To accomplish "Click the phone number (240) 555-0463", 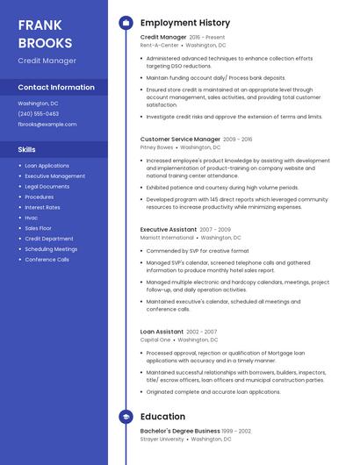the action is point(39,113).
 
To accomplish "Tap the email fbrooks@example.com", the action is point(47,124).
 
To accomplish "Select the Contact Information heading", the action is point(56,87).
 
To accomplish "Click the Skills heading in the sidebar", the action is point(27,149).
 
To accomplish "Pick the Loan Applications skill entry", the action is point(47,165).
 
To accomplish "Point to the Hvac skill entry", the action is point(32,218).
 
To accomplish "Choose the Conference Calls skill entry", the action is point(47,260).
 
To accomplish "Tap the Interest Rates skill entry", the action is point(42,207).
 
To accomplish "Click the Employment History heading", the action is point(185,23).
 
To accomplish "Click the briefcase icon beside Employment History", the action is point(126,23).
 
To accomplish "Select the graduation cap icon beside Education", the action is point(126,417).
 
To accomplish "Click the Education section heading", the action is point(162,417).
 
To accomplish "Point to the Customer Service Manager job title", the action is point(180,139).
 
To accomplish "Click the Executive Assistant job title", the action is point(168,229).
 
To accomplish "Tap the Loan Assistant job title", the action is point(162,332).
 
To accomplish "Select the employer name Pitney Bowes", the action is point(157,147).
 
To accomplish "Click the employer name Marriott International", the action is point(167,238).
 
